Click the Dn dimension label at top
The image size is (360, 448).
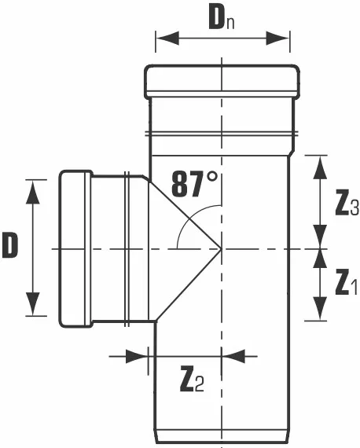click(x=222, y=19)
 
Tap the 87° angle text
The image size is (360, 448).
click(x=194, y=184)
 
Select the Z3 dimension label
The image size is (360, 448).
click(x=347, y=203)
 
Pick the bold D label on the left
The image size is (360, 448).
click(x=10, y=244)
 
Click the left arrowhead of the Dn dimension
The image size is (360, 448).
click(x=167, y=38)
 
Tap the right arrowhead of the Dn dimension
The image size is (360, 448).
click(x=277, y=38)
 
